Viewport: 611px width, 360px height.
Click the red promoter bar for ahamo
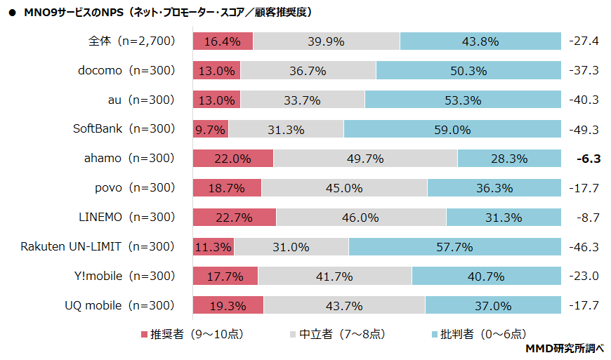(233, 159)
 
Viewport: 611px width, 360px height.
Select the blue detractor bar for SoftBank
(452, 129)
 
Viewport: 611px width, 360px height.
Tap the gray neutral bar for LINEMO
(361, 218)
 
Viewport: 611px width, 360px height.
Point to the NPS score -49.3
(584, 129)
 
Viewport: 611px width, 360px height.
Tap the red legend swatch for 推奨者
(145, 334)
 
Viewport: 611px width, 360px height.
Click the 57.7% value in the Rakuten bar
(454, 247)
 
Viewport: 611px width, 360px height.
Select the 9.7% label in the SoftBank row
(211, 129)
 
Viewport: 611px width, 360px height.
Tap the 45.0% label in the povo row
(344, 188)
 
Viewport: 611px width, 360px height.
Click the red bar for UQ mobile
(228, 306)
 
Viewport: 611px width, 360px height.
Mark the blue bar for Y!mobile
(486, 276)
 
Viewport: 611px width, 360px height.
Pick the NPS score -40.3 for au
(584, 100)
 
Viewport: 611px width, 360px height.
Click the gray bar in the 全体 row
(327, 41)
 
